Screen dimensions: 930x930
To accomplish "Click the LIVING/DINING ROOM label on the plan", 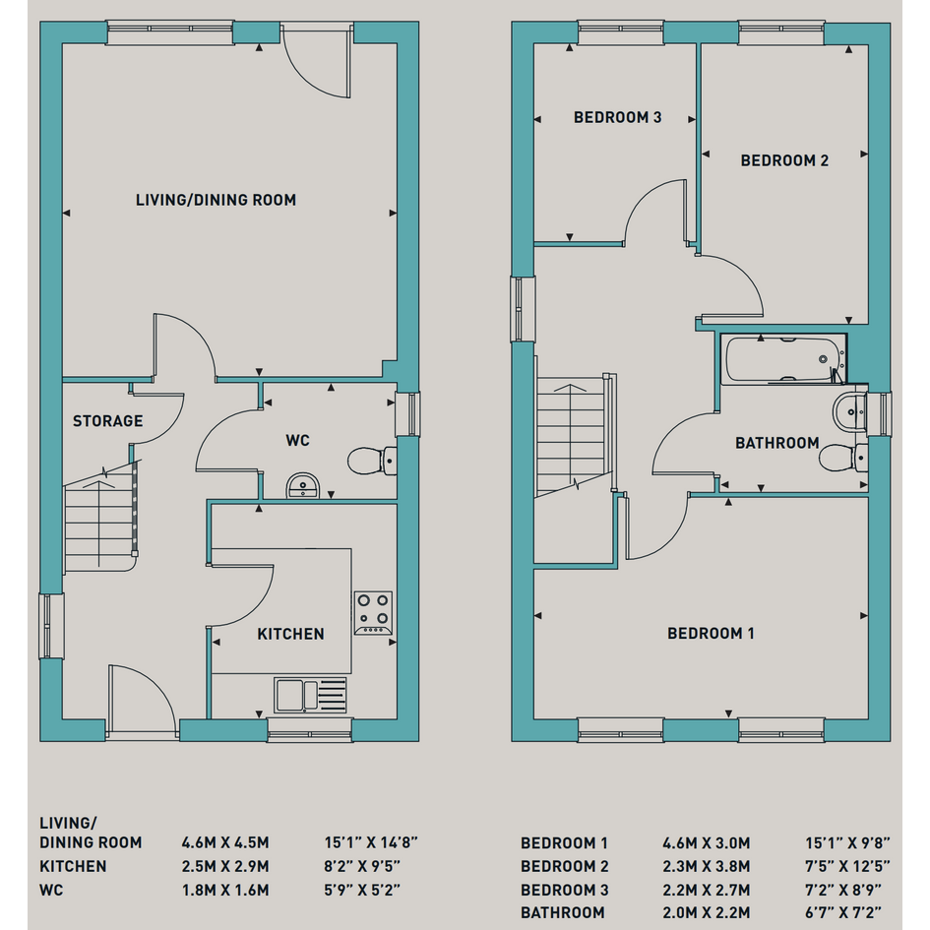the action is (x=216, y=200).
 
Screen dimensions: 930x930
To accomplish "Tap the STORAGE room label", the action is (x=108, y=421).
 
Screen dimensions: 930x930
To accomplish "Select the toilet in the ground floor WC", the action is (x=372, y=461).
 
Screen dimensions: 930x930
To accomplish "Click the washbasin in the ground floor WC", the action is (x=303, y=486).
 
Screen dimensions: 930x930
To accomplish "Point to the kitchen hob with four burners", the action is (x=373, y=613).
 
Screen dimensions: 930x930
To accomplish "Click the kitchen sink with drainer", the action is (x=310, y=695).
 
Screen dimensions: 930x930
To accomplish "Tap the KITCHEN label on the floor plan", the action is (x=290, y=634).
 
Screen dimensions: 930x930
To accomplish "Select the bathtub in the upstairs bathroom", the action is (x=783, y=359).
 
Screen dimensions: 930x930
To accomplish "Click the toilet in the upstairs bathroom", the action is (x=843, y=458).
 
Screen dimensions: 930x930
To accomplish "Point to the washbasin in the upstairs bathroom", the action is (x=850, y=410).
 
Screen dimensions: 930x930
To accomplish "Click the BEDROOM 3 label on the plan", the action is (x=617, y=117).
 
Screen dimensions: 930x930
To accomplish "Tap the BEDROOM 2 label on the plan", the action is (x=784, y=160).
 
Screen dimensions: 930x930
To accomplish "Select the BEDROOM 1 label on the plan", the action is (x=711, y=634).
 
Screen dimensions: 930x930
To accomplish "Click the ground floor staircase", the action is (x=100, y=516).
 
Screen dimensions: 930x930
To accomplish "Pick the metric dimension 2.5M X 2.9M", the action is (x=225, y=867).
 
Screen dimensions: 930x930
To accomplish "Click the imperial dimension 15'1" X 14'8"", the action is (x=371, y=842).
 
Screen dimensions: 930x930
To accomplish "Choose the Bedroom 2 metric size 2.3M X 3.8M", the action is (x=707, y=867).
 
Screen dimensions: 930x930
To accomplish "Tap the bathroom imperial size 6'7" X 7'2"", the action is (x=842, y=912).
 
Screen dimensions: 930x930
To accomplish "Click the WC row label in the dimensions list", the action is (x=51, y=891).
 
